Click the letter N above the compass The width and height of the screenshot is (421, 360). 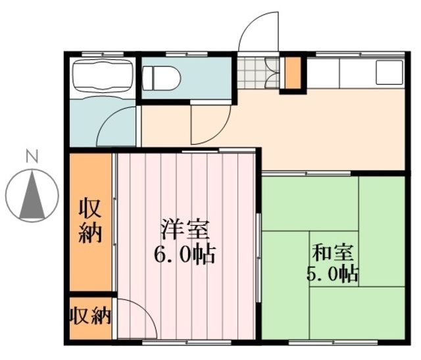click(x=31, y=157)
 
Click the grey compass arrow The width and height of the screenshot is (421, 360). click(x=30, y=195)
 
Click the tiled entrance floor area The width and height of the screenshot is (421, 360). click(x=253, y=74)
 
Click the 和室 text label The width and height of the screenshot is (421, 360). click(x=332, y=252)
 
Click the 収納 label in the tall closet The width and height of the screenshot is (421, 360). click(x=91, y=220)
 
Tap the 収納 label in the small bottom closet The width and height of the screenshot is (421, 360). click(x=90, y=317)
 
